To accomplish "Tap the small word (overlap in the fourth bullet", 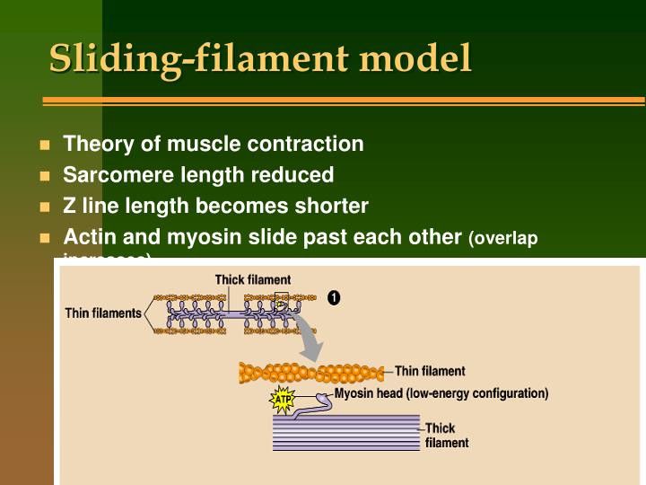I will point(502,238).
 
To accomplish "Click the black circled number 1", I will point(334,297).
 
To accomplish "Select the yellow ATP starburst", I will point(283,399).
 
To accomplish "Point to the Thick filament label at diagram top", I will point(252,280).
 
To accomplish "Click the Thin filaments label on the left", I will point(103,313).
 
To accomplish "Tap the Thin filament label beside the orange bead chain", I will point(430,371).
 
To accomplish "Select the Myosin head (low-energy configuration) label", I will point(441,393).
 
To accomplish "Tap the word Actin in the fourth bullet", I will point(87,237).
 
